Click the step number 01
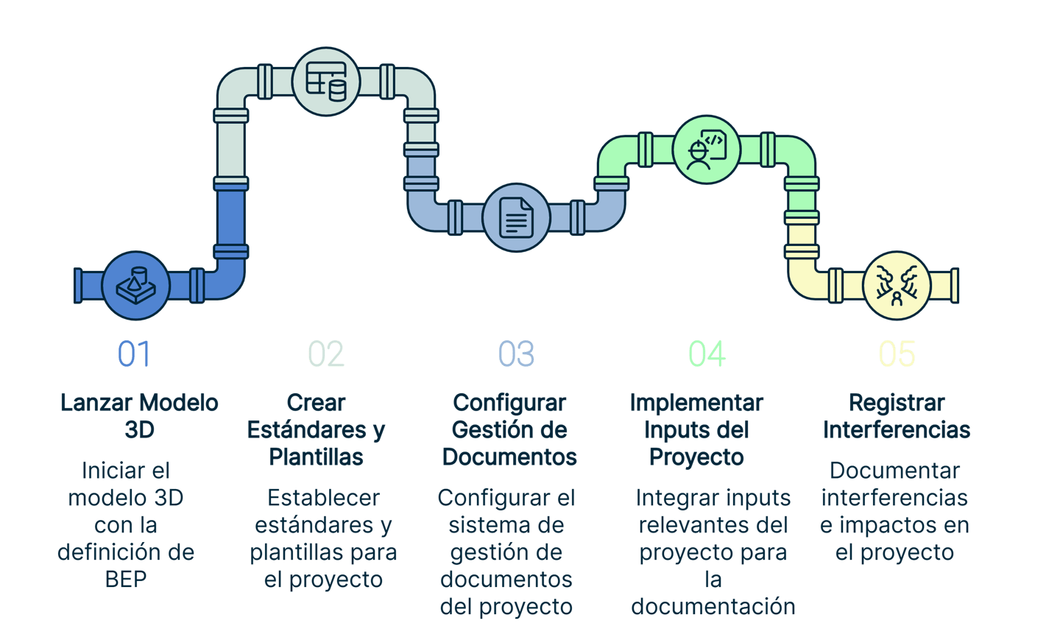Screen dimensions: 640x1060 (x=134, y=354)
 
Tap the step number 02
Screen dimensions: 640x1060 (x=325, y=354)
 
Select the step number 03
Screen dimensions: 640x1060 (x=516, y=354)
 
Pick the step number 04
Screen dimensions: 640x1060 (x=707, y=354)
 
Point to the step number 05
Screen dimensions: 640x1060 (x=897, y=354)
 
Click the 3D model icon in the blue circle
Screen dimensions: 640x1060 (x=135, y=286)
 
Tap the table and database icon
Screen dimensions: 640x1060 (x=325, y=81)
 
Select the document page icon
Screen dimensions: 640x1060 (x=516, y=217)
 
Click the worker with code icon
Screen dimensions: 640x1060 (x=707, y=150)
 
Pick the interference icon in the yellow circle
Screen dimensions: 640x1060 (x=897, y=286)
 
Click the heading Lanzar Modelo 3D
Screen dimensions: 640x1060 (x=139, y=416)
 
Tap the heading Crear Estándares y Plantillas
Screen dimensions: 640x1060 (x=317, y=430)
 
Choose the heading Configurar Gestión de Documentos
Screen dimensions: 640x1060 (x=509, y=430)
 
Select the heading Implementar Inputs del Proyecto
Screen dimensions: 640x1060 (x=696, y=430)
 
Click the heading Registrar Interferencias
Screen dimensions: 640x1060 (x=897, y=416)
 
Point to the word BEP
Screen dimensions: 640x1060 (x=126, y=580)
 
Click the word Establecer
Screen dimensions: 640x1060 (x=324, y=498)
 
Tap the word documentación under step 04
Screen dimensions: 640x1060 (x=713, y=607)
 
